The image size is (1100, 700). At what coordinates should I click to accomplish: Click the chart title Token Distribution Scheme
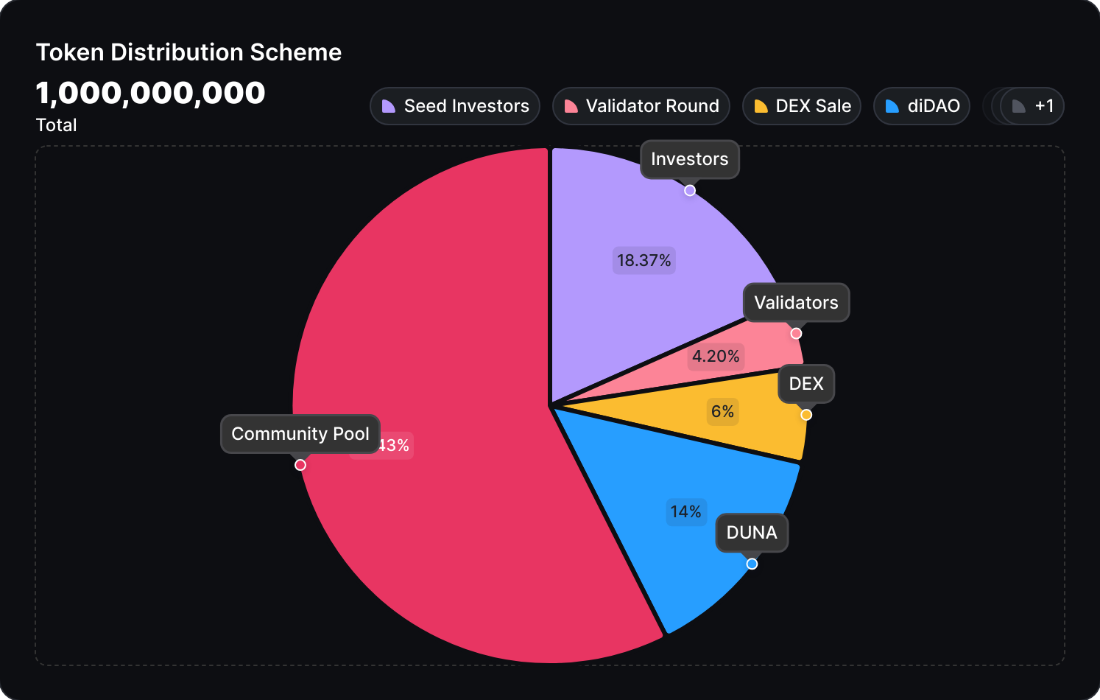188,52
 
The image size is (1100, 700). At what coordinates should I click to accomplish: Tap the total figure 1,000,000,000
150,93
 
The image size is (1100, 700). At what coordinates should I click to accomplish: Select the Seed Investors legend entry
455,106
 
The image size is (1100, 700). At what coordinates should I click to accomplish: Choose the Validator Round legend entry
641,106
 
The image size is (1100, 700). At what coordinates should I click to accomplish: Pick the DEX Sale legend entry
802,106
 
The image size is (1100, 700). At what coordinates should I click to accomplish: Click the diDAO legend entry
922,106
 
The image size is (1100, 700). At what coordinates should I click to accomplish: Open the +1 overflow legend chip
1032,106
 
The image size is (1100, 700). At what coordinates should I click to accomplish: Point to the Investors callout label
690,159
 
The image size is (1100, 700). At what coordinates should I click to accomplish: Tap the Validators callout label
796,303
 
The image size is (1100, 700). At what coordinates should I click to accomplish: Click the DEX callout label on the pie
806,384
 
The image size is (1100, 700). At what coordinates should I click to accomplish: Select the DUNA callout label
752,533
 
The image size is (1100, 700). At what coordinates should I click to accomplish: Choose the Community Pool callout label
300,434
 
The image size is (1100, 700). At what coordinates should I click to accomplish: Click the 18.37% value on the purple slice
644,260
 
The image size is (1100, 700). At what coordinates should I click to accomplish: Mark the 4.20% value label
716,357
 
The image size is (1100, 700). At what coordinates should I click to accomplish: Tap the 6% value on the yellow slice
722,411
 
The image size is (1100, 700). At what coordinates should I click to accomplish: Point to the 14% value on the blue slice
685,511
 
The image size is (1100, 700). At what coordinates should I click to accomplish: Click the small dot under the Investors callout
690,190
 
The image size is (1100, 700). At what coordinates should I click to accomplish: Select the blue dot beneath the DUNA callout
752,564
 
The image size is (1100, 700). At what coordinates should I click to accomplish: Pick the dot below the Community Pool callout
300,465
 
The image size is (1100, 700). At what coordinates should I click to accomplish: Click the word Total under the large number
57,125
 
